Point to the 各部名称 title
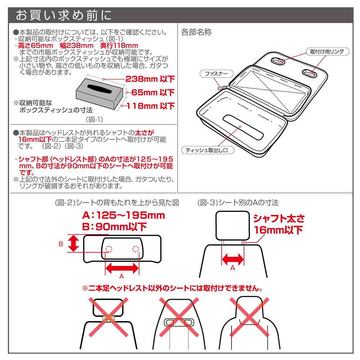[197, 32]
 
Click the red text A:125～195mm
[123, 216]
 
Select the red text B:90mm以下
[114, 227]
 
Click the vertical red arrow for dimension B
[73, 244]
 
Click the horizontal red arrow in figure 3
[232, 258]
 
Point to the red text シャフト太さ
[279, 219]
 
